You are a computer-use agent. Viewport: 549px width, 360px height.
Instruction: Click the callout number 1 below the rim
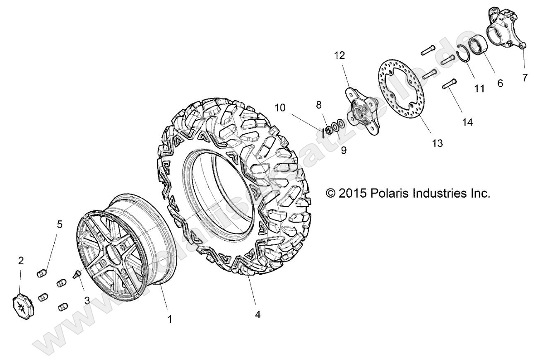[169, 319]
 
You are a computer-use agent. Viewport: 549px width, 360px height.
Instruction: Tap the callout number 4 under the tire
[258, 315]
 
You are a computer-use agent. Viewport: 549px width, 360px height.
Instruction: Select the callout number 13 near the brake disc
[437, 143]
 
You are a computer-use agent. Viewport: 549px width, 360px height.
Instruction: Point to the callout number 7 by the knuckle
[525, 77]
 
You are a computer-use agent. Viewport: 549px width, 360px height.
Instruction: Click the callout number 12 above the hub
[339, 55]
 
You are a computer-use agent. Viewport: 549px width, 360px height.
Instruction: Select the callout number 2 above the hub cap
[21, 261]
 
